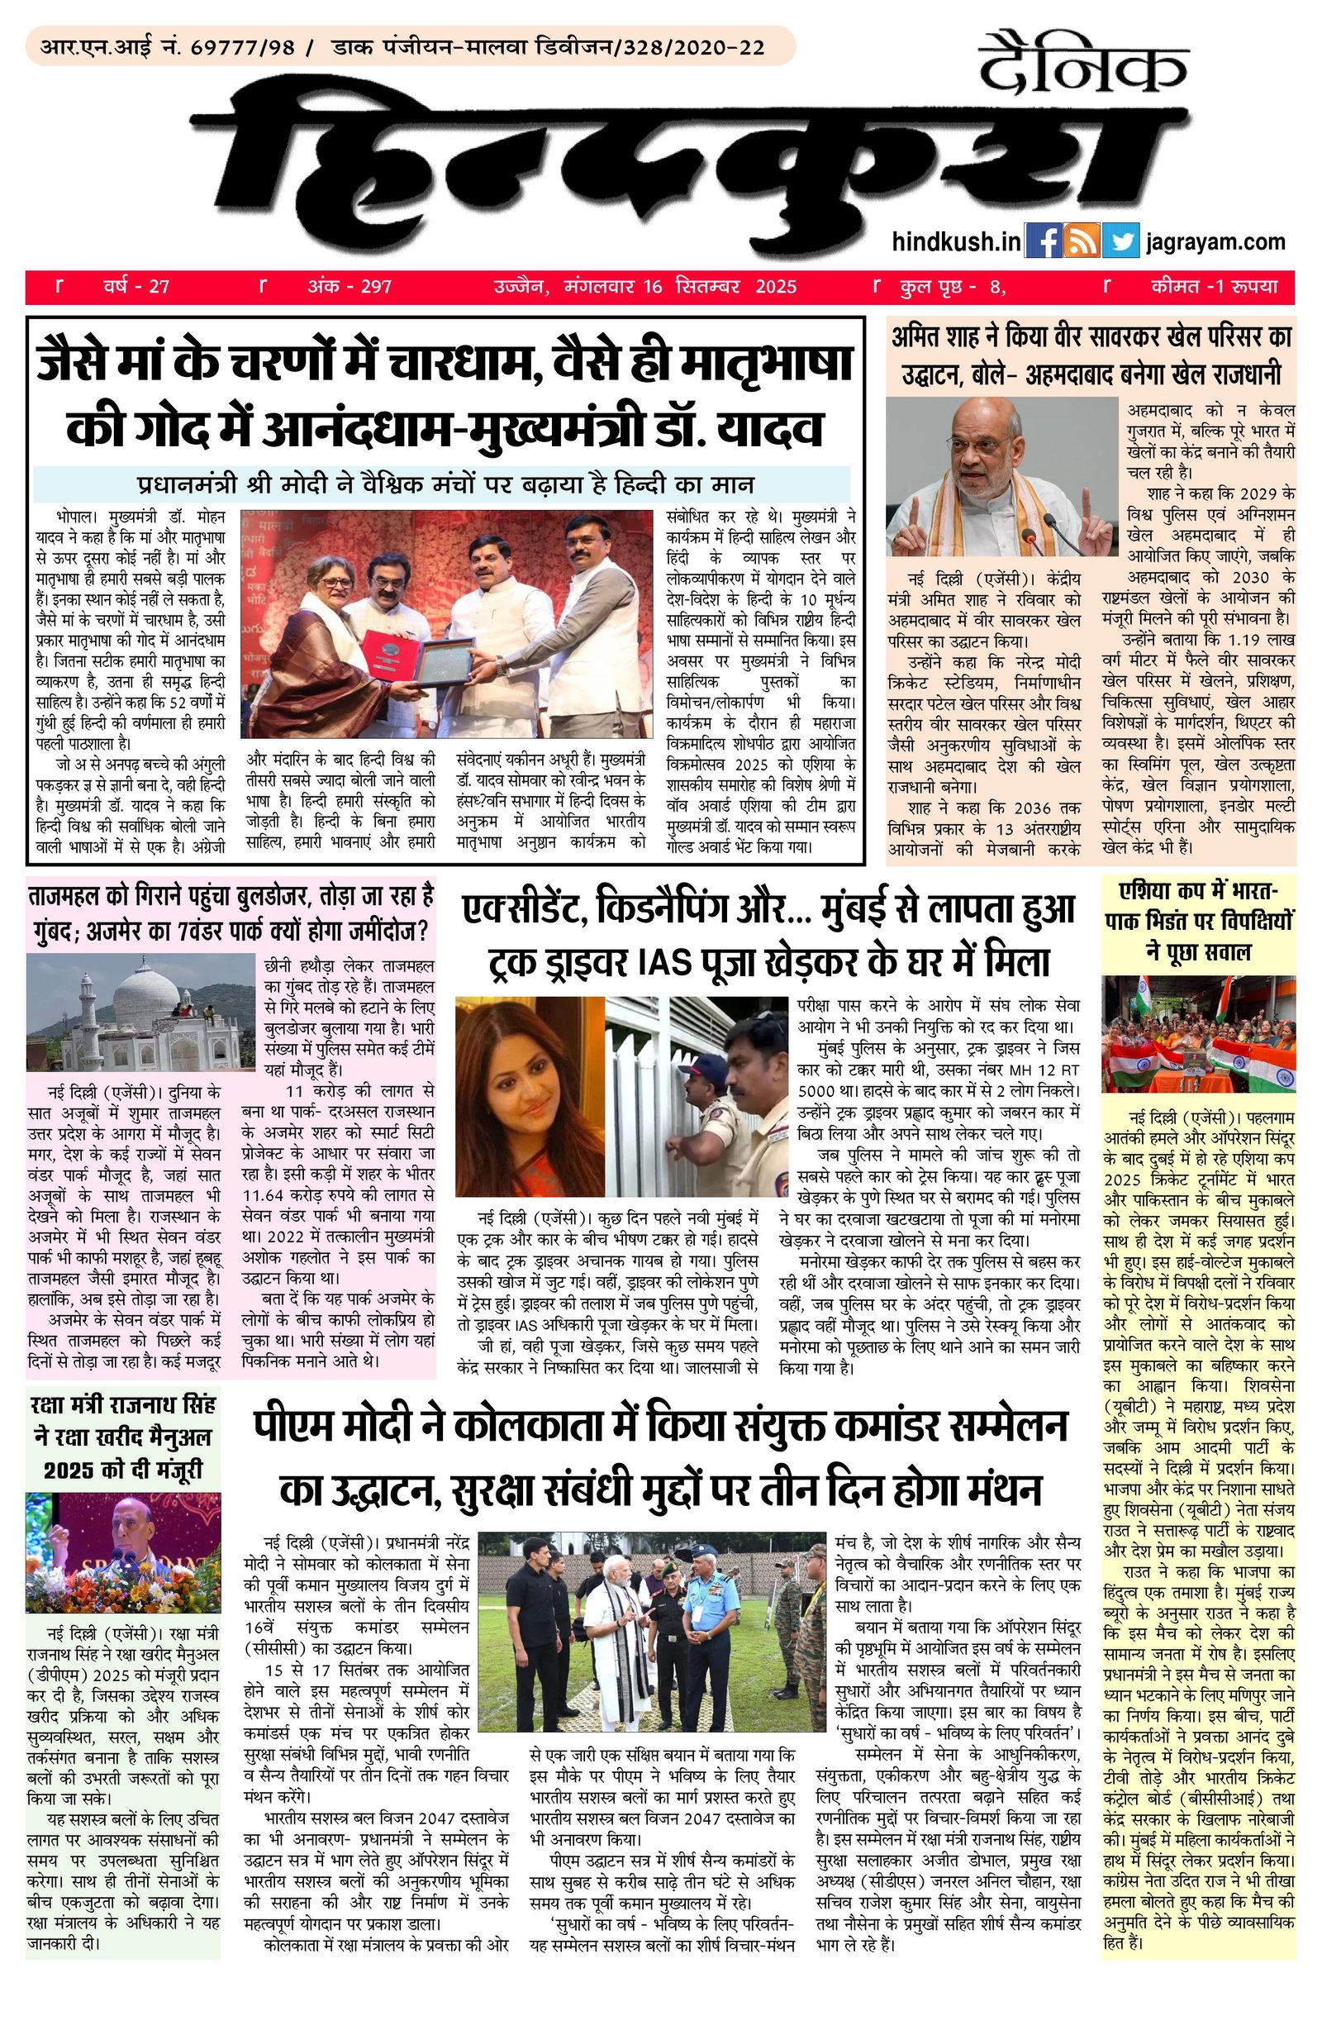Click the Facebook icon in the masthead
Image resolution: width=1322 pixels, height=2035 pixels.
coord(1042,241)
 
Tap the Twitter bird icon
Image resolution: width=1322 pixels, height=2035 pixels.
coord(1120,241)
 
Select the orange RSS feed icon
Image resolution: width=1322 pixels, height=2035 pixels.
coord(1081,241)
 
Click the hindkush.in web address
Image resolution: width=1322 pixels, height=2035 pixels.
coord(955,242)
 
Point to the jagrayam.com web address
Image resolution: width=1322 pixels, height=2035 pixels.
coord(1216,242)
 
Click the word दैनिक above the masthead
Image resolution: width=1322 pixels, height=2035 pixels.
coord(1083,66)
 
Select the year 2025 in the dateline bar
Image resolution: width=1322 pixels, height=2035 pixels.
coord(775,286)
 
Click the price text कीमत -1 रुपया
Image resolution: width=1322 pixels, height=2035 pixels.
coord(1214,286)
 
